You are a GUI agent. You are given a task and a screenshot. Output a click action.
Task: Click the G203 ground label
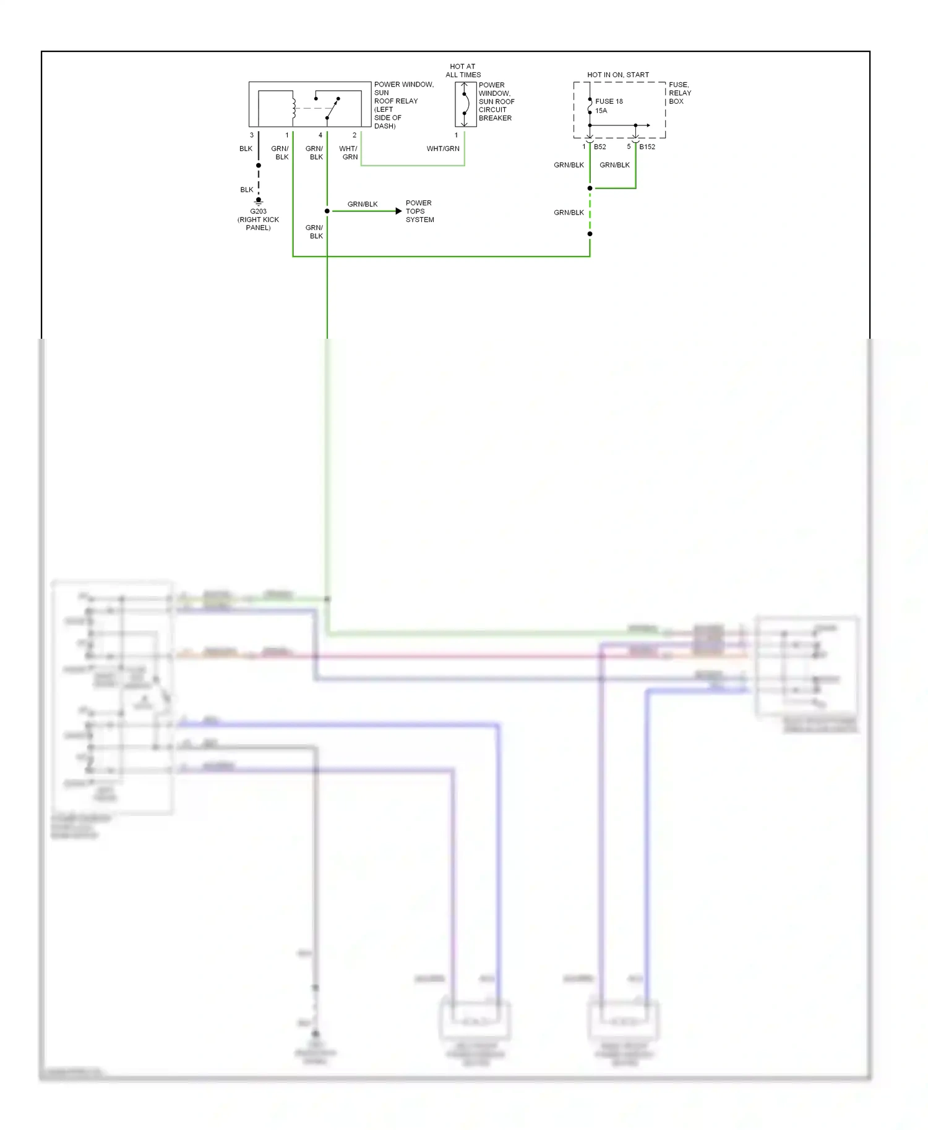click(x=258, y=211)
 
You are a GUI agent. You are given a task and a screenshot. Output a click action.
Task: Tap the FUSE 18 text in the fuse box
click(x=609, y=101)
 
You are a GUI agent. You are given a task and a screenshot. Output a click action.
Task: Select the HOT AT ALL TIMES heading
click(x=463, y=70)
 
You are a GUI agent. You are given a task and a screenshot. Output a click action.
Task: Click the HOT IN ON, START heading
click(x=617, y=75)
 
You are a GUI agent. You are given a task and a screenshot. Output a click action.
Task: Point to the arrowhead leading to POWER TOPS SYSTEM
click(x=398, y=211)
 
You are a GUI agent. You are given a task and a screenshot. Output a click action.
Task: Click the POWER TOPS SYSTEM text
click(x=419, y=211)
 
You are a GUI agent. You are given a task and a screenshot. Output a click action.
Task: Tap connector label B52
click(x=599, y=147)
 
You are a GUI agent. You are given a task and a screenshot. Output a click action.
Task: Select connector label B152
click(x=647, y=147)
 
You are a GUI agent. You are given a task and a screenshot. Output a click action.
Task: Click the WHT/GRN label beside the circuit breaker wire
click(x=442, y=149)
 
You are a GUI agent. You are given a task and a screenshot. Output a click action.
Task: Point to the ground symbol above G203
click(x=259, y=201)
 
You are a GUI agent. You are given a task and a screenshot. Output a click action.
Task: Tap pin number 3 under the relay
click(x=251, y=135)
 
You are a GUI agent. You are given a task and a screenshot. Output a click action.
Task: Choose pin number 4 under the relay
click(x=320, y=135)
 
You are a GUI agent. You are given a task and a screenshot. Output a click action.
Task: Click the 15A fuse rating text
click(x=601, y=111)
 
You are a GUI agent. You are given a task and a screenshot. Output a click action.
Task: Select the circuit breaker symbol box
click(x=465, y=104)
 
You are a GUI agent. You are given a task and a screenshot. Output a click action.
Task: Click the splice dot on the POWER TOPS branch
click(x=327, y=211)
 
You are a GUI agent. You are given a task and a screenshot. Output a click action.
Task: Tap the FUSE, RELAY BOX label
click(x=679, y=93)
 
